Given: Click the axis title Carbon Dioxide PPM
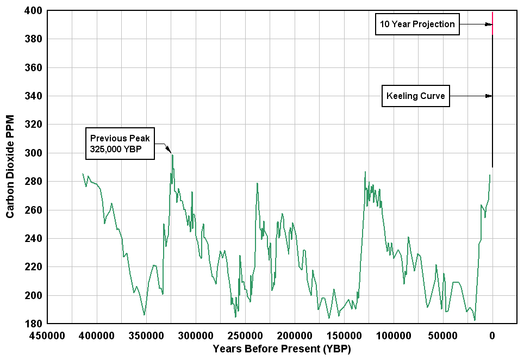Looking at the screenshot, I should point(10,167).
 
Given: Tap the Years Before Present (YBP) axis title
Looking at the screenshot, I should point(282,348).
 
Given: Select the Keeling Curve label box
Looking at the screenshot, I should point(416,96).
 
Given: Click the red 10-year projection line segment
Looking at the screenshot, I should point(492,23).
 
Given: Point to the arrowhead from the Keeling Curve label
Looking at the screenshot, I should point(489,96).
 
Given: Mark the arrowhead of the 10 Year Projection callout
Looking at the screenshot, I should point(489,24).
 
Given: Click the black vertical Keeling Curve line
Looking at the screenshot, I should point(492,125).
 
